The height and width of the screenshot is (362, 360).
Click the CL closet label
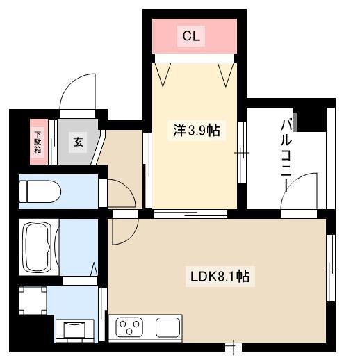coord(191,36)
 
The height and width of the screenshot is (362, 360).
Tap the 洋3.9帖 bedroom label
coord(197,131)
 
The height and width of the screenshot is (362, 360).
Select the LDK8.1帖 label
coord(220,277)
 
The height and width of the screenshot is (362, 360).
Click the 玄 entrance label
coord(78,142)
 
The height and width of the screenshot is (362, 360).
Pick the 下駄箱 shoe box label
coord(38,142)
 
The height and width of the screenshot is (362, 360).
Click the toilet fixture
coord(40,192)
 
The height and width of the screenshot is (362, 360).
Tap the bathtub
coord(37,247)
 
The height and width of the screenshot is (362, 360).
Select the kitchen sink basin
coord(168,327)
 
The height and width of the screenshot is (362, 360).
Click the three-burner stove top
coord(129,327)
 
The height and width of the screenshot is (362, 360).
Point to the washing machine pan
coord(33,301)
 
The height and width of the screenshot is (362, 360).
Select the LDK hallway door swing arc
coord(131,236)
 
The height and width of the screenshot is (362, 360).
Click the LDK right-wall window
coord(331,268)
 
